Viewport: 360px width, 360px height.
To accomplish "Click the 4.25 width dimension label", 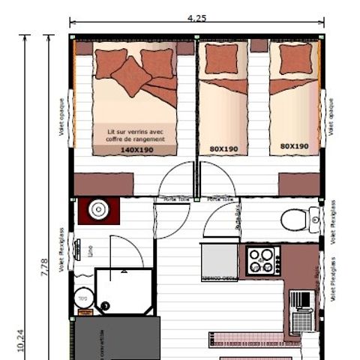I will click(196, 16).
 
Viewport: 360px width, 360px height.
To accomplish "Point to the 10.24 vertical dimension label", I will click(20, 342).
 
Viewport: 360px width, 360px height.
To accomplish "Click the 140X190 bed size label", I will click(136, 150).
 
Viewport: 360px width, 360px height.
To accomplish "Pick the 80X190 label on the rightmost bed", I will click(294, 146).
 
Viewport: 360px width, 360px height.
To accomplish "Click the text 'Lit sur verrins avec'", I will click(136, 132).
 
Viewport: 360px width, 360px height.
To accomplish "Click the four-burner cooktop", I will click(263, 260).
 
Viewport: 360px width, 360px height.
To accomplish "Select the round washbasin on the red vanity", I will click(96, 211).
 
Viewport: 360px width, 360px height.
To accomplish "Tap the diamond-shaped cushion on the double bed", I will click(132, 76).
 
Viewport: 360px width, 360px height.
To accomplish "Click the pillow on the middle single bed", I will click(222, 58).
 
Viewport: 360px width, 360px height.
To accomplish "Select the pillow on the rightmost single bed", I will click(291, 58).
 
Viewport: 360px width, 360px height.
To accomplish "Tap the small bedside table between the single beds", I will click(258, 46).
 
